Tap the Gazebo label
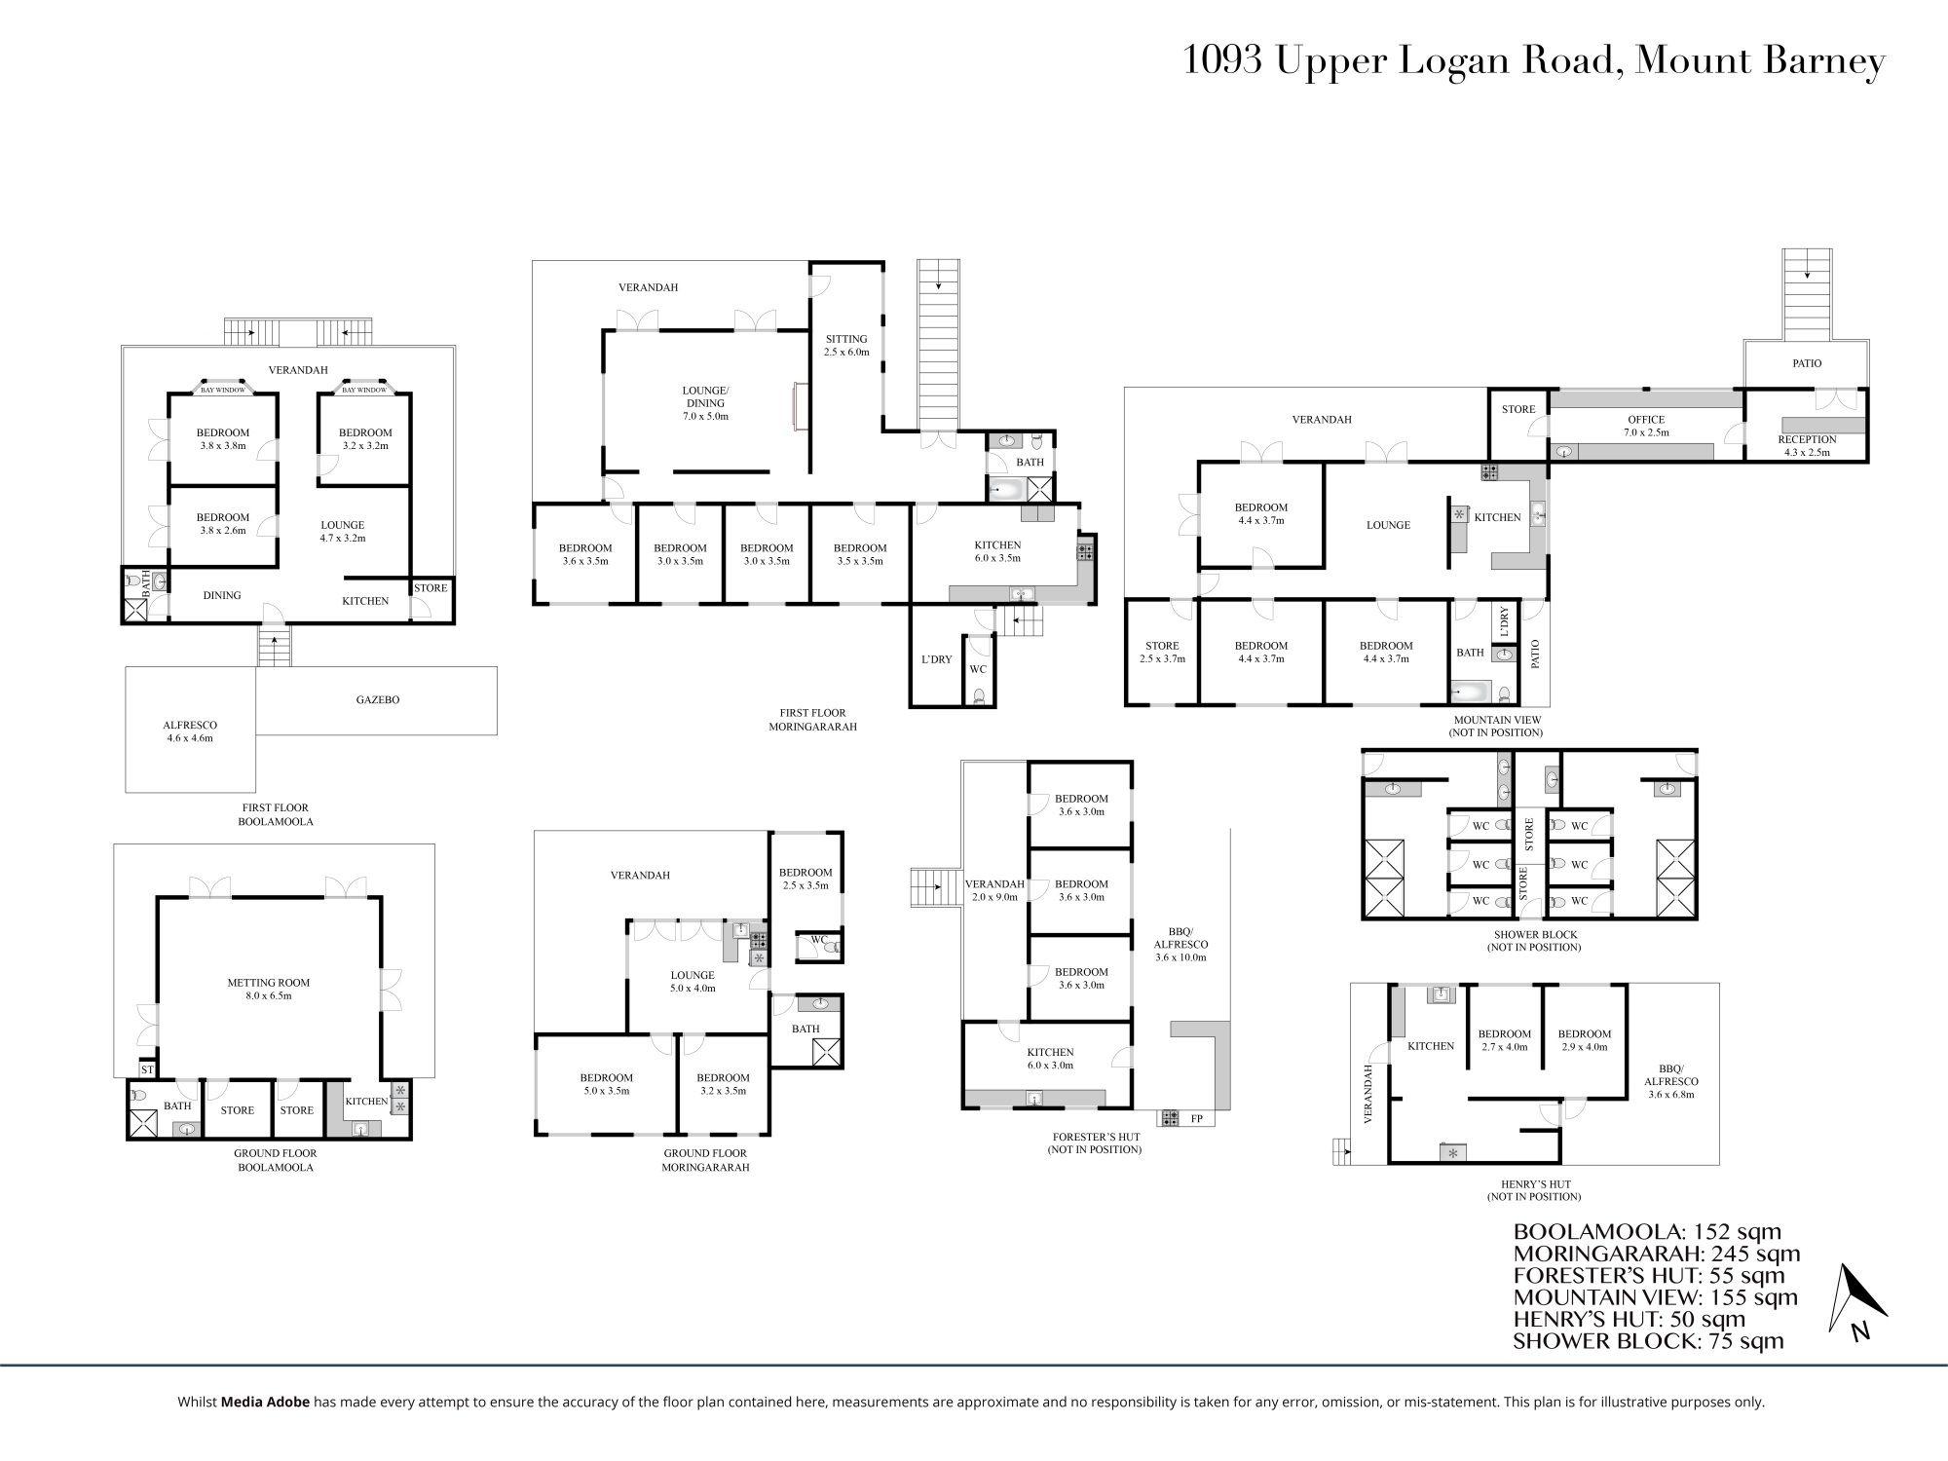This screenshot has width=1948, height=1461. (x=377, y=699)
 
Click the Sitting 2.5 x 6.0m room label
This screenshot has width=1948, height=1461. (x=846, y=346)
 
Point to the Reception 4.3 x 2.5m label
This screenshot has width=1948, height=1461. (x=1807, y=445)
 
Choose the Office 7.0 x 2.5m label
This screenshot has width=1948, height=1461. (x=1646, y=426)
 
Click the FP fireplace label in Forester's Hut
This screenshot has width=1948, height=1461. (x=1197, y=1119)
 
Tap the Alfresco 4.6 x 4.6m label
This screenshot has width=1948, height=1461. (x=190, y=731)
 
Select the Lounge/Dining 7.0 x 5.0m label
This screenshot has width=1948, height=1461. (x=705, y=403)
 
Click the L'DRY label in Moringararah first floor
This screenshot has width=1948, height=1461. (x=936, y=659)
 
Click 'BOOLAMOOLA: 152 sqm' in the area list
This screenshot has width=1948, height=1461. (x=1647, y=1231)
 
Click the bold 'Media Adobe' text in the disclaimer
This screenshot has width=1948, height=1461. (x=266, y=1403)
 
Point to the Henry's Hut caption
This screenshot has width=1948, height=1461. (x=1534, y=1190)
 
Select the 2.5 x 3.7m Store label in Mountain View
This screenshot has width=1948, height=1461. (x=1162, y=652)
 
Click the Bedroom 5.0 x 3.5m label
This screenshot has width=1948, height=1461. (x=606, y=1084)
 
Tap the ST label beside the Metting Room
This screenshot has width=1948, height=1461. (x=148, y=1069)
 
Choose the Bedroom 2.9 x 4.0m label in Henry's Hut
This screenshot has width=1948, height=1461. (x=1585, y=1040)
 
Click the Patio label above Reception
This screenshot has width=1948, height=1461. (x=1807, y=363)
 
